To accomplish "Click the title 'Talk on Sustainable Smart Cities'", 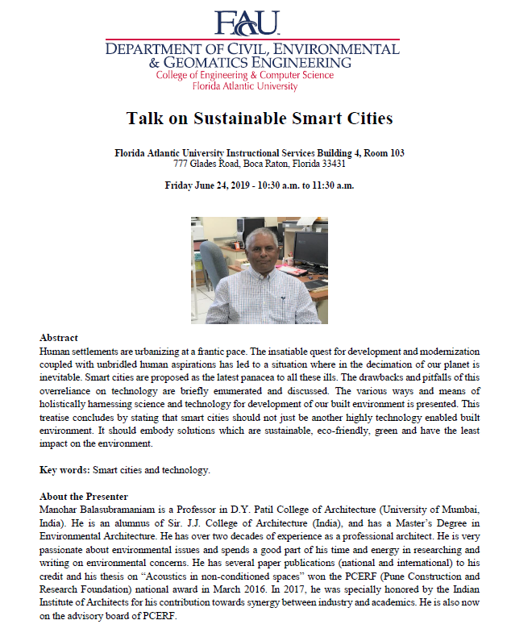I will (260, 119).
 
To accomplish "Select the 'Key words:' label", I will (65, 468).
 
